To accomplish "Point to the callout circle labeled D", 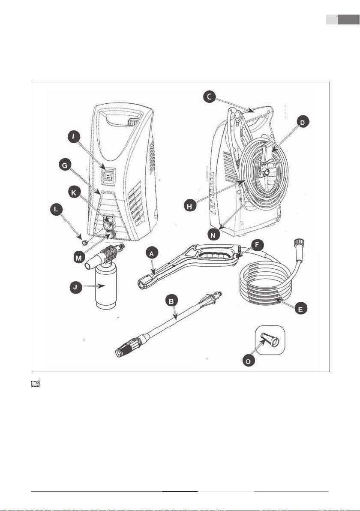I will [302, 123].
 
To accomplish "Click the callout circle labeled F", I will [258, 245].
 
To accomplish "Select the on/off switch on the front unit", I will [109, 175].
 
